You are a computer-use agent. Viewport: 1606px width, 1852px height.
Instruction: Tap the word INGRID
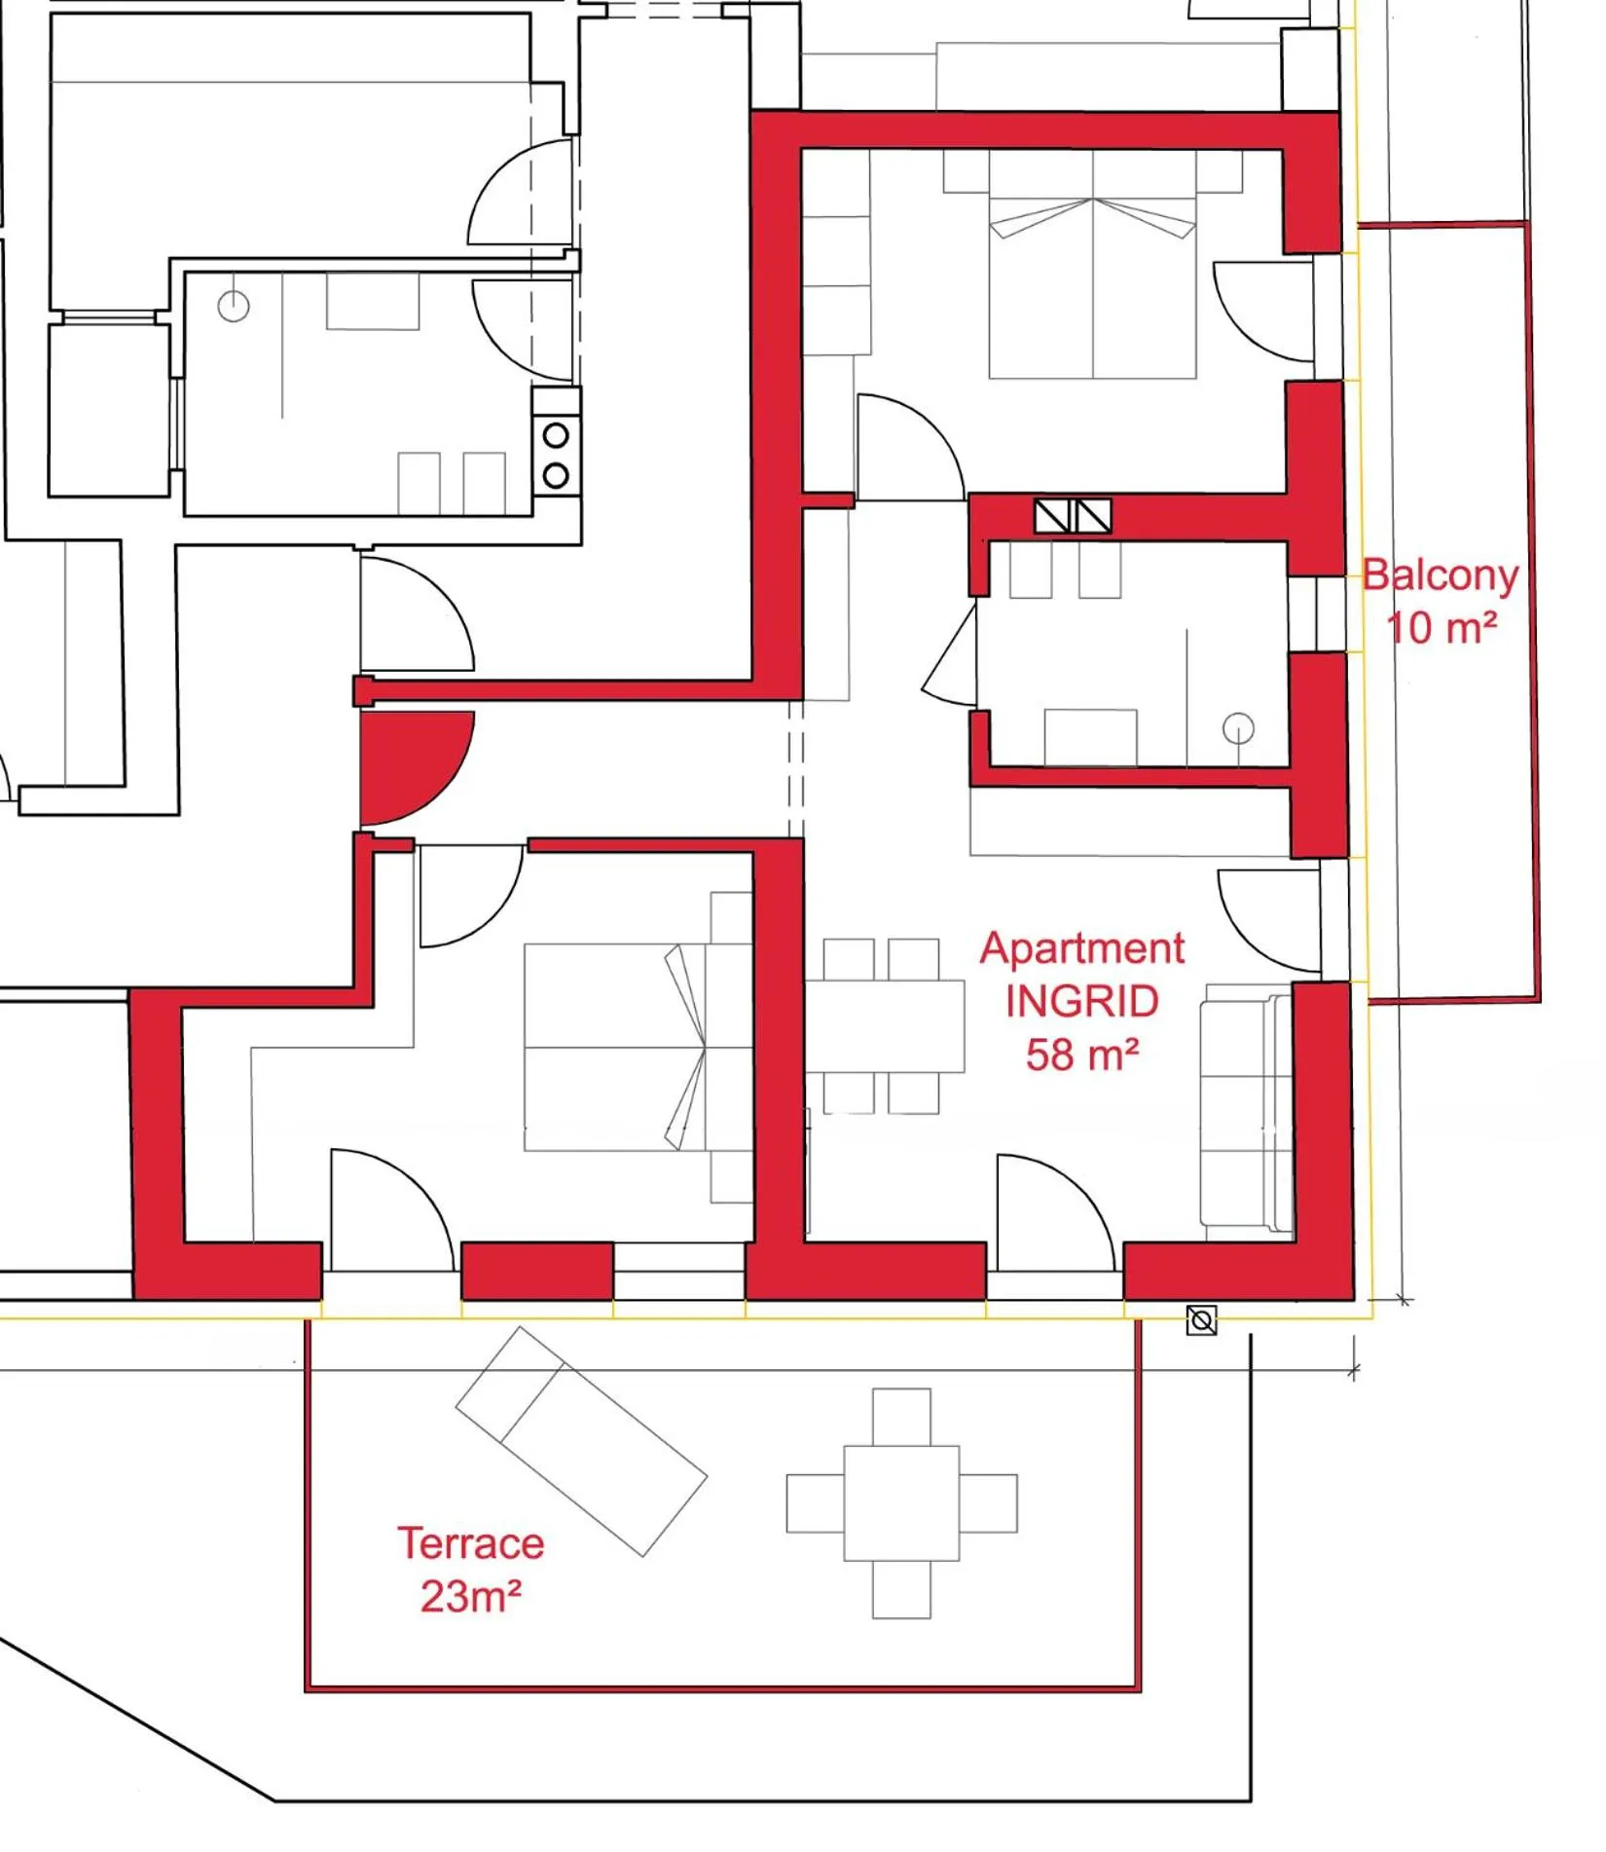1081,1002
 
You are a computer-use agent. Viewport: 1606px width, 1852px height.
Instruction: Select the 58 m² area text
1081,1055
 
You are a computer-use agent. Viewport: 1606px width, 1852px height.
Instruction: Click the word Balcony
1440,575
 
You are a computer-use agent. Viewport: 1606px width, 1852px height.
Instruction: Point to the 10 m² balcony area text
1441,628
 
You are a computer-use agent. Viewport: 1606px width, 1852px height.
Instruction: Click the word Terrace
470,1543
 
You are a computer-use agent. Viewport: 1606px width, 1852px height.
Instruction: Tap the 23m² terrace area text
470,1596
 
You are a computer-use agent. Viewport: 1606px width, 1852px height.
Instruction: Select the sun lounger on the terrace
581,1441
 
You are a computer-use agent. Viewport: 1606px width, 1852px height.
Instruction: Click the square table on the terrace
901,1502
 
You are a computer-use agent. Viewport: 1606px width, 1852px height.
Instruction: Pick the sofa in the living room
1246,1110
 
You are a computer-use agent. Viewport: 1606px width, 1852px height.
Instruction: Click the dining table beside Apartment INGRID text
884,1026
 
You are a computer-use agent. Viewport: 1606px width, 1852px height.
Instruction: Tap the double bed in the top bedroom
1092,282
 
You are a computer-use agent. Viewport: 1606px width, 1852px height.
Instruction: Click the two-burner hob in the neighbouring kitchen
556,456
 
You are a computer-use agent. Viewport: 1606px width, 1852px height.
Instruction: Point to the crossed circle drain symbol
1202,1320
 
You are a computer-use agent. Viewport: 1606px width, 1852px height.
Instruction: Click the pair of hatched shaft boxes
1073,516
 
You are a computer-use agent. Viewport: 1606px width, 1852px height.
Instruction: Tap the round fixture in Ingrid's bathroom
1238,727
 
